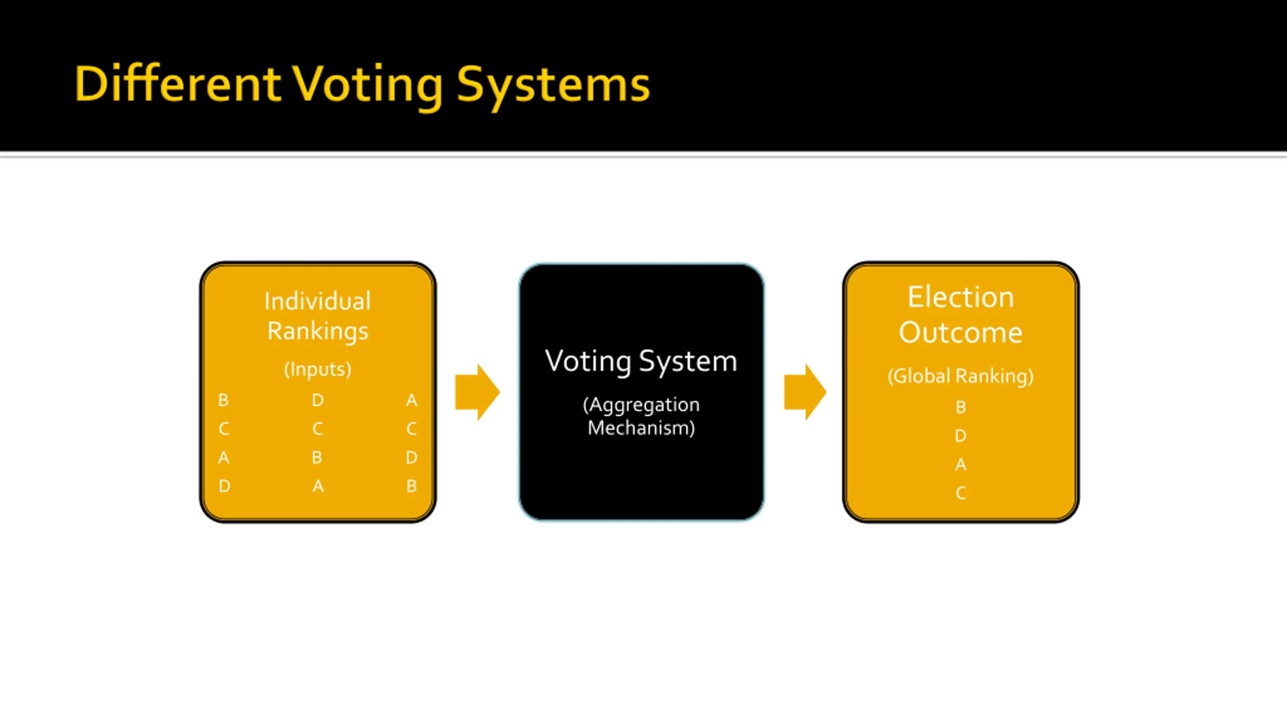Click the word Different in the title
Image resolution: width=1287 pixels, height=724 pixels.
tap(177, 84)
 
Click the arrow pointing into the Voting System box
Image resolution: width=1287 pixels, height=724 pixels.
tap(477, 392)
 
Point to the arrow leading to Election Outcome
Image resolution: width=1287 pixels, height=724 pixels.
tap(805, 392)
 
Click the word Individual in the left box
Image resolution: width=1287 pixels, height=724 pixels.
tap(318, 301)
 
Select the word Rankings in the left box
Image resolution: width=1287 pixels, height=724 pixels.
tap(318, 331)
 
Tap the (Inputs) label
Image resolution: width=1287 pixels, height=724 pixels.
tap(318, 370)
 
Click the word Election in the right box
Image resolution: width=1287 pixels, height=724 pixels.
tap(961, 297)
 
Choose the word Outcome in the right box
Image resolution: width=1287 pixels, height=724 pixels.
tap(961, 332)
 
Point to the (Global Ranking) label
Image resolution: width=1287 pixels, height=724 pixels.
tap(961, 376)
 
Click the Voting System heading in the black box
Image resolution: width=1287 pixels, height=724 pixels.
tap(641, 361)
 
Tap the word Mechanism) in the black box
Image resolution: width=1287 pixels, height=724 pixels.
tap(641, 428)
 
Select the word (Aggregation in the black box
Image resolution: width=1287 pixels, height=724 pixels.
tap(641, 405)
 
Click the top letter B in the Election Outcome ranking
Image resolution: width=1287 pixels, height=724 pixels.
tap(961, 407)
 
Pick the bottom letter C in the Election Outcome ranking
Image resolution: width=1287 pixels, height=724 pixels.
tap(961, 493)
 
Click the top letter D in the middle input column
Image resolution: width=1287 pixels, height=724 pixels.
tap(318, 400)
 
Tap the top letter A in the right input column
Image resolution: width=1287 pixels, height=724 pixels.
tap(412, 400)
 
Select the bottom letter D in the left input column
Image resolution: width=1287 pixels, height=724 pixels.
tap(224, 486)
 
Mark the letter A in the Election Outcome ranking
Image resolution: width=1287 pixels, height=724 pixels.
tap(961, 465)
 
